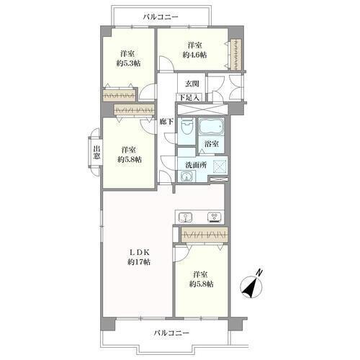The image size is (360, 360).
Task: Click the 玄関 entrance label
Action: [192, 84]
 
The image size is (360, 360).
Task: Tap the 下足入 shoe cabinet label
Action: [189, 98]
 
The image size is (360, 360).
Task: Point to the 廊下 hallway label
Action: [166, 122]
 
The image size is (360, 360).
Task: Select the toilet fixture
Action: [187, 127]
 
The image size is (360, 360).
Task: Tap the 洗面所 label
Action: [197, 165]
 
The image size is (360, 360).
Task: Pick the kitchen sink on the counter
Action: [185, 217]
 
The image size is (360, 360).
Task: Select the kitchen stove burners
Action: [214, 217]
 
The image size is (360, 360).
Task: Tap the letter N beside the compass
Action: [259, 273]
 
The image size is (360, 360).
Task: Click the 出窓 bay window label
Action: [96, 152]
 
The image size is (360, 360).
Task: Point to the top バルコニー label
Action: [161, 17]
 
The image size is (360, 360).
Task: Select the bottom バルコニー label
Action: [171, 333]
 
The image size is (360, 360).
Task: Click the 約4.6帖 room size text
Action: [194, 55]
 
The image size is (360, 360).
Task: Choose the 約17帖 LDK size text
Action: [139, 262]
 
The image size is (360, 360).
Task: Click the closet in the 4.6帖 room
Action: [235, 55]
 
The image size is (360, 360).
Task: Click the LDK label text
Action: [140, 252]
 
